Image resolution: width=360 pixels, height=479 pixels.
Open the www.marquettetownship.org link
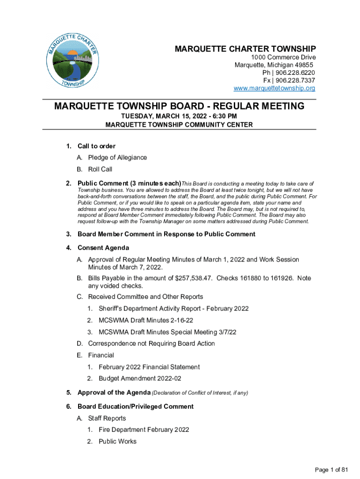pos(274,88)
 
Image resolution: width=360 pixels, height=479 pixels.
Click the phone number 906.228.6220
pos(295,73)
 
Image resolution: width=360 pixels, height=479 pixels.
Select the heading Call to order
pos(96,146)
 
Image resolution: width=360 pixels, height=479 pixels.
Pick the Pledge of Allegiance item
pos(117,158)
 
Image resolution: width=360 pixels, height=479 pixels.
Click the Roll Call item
pos(100,169)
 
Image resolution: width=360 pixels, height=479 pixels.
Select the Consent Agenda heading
pos(103,248)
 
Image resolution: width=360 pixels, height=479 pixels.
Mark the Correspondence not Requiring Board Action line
pos(151,344)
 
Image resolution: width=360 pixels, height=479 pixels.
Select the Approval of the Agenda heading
pos(114,392)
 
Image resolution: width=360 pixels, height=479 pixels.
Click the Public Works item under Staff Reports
pos(117,441)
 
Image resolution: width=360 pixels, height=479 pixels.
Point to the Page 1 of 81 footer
pos(332,470)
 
